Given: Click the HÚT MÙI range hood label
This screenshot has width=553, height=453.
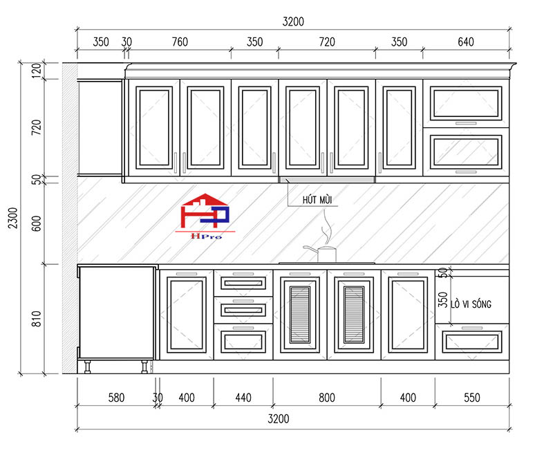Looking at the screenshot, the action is pyautogui.click(x=317, y=200).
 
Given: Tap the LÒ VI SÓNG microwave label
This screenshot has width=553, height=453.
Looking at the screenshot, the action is pyautogui.click(x=471, y=304).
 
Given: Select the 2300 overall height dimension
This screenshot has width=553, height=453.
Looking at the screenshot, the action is pyautogui.click(x=13, y=218).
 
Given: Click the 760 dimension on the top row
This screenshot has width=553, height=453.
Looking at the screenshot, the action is pyautogui.click(x=180, y=42).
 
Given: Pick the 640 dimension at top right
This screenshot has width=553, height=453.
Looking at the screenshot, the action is pyautogui.click(x=465, y=42).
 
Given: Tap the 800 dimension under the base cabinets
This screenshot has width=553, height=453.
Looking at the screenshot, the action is pyautogui.click(x=326, y=398).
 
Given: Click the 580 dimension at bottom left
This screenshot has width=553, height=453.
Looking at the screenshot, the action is pyautogui.click(x=116, y=398).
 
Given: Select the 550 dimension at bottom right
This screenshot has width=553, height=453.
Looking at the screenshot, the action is pyautogui.click(x=472, y=398).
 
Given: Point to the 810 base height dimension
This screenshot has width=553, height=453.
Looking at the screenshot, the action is pyautogui.click(x=37, y=319).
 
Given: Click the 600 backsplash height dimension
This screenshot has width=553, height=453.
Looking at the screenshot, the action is pyautogui.click(x=37, y=223).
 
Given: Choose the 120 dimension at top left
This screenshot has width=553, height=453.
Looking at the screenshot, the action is pyautogui.click(x=37, y=71).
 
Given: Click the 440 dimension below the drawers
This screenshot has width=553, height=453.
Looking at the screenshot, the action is pyautogui.click(x=243, y=398).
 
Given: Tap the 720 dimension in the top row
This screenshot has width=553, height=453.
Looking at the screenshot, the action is pyautogui.click(x=327, y=42).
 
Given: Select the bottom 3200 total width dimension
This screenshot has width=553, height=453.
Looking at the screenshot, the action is pyautogui.click(x=279, y=419).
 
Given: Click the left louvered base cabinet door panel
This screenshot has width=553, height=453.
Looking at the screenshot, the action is pyautogui.click(x=300, y=315).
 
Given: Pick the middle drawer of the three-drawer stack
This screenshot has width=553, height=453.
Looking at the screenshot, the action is pyautogui.click(x=243, y=310).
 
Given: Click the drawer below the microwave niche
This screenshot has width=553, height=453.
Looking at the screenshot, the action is pyautogui.click(x=472, y=342).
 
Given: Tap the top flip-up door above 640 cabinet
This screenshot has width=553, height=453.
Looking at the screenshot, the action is pyautogui.click(x=466, y=103).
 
